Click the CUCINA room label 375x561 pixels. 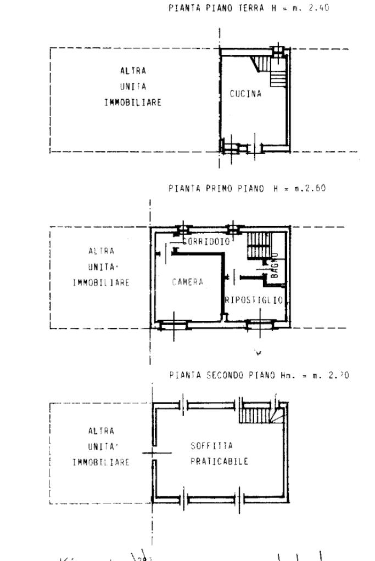tap(245, 94)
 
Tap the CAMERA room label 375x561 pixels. tap(187, 282)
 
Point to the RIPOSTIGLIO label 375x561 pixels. tap(254, 300)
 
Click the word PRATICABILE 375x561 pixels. tap(219, 461)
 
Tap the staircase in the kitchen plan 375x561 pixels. tap(278, 71)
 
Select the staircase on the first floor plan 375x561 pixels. tap(257, 246)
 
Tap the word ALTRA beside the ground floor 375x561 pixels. tap(133, 71)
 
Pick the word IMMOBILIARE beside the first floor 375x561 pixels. tap(102, 283)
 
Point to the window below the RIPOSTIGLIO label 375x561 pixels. tap(260, 325)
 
